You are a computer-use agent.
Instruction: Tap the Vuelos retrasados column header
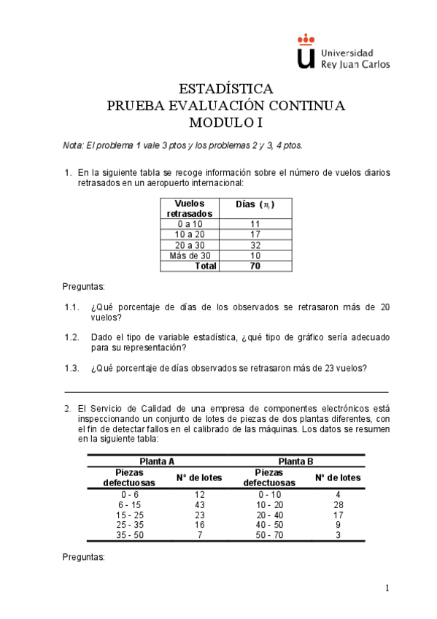[190, 208]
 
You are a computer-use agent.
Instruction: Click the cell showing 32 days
[255, 245]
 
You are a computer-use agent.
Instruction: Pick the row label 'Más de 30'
[190, 255]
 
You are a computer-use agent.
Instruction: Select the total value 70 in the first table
[255, 266]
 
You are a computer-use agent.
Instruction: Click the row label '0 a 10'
[190, 224]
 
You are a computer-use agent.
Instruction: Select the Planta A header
[156, 461]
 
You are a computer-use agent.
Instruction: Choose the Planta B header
[295, 461]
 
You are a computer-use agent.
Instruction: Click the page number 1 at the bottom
[388, 588]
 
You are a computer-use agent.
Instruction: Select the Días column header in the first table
[255, 204]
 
